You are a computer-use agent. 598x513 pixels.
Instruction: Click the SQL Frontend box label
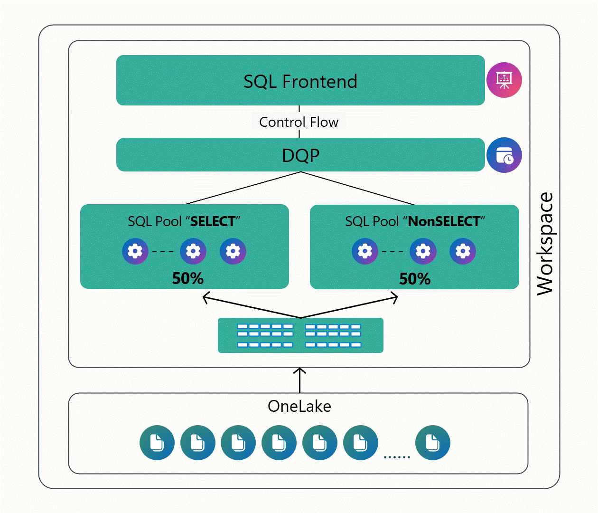[x=300, y=82]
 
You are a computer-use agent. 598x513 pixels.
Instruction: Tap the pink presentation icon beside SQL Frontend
[x=504, y=80]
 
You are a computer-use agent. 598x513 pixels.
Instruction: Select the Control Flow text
[x=299, y=122]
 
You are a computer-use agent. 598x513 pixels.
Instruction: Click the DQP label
[x=300, y=155]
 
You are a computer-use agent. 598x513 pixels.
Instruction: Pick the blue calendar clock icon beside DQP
[x=504, y=155]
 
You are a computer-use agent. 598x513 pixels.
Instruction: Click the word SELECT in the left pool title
[x=213, y=221]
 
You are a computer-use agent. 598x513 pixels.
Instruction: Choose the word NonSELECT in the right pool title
[x=444, y=221]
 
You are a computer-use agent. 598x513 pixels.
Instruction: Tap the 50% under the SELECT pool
[x=187, y=278]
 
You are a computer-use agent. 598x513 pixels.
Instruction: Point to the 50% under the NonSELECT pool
[x=414, y=279]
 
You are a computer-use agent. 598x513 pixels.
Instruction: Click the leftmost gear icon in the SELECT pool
[x=135, y=251]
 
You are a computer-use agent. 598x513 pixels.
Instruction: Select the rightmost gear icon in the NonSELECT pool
[x=463, y=251]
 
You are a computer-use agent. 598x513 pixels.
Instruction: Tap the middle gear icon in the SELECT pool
[x=193, y=251]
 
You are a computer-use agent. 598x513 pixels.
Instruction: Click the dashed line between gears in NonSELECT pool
[x=392, y=251]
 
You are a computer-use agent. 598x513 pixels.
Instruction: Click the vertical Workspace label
[x=545, y=244]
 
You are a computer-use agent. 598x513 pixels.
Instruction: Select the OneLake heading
[x=299, y=407]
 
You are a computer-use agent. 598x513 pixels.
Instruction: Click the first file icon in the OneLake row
[x=157, y=443]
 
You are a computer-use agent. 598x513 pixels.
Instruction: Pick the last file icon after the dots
[x=432, y=443]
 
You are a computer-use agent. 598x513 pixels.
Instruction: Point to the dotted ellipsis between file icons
[x=397, y=457]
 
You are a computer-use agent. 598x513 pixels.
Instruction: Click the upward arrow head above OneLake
[x=300, y=370]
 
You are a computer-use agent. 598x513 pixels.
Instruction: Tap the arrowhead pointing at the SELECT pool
[x=205, y=298]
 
